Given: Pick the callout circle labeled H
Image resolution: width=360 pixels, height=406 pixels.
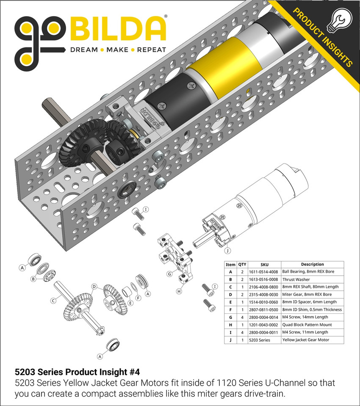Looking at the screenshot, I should pos(179,291).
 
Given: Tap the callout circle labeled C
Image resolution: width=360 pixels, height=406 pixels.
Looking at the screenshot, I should pos(53,301).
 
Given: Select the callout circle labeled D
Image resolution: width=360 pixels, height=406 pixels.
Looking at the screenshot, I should pos(94,286).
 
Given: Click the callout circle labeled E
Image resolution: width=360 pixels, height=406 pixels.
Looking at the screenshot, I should pos(130,303).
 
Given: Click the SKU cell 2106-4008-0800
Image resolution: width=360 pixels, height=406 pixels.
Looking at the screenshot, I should pos(261,287).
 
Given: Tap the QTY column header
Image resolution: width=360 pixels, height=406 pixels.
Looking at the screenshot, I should pos(242,264).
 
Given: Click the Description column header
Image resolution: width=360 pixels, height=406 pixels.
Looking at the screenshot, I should pos(312,264).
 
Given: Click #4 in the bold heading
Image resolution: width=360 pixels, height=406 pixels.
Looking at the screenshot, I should pos(133,372).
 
